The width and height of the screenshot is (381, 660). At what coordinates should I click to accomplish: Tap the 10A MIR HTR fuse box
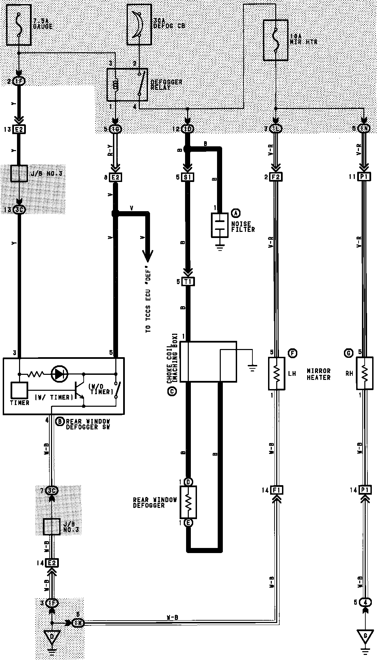tap(276, 40)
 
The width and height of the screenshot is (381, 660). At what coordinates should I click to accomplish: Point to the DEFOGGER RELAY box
tap(127, 85)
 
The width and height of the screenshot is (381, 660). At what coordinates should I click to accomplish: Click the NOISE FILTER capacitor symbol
tap(219, 225)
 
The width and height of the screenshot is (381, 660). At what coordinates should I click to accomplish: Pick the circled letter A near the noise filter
tap(235, 213)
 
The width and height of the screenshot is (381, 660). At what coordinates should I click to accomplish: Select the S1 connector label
tap(188, 177)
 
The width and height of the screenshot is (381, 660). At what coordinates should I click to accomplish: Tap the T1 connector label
tap(188, 281)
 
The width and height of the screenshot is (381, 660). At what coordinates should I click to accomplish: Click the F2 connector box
tap(276, 177)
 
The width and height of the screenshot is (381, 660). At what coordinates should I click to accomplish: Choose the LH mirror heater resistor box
tap(277, 373)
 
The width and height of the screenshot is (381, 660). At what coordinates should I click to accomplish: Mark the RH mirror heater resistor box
tap(364, 373)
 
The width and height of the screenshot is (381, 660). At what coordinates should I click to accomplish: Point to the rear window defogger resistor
tap(188, 502)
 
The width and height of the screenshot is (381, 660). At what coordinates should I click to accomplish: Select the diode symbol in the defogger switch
tap(59, 374)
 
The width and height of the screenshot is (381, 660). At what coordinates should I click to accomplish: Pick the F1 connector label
tap(276, 490)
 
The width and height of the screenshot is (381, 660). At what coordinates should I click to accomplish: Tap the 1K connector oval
tap(78, 623)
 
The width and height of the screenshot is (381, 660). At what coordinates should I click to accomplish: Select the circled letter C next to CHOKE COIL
tap(172, 391)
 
